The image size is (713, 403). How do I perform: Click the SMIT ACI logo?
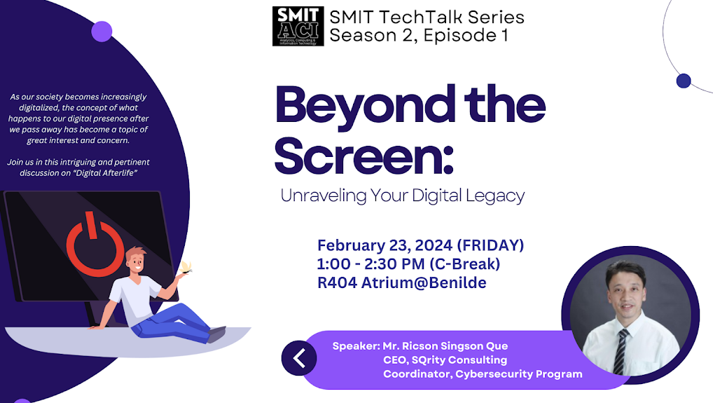pyautogui.click(x=298, y=27)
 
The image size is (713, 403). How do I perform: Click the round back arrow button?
pyautogui.click(x=299, y=358)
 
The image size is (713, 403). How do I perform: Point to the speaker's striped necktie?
pyautogui.click(x=621, y=350)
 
